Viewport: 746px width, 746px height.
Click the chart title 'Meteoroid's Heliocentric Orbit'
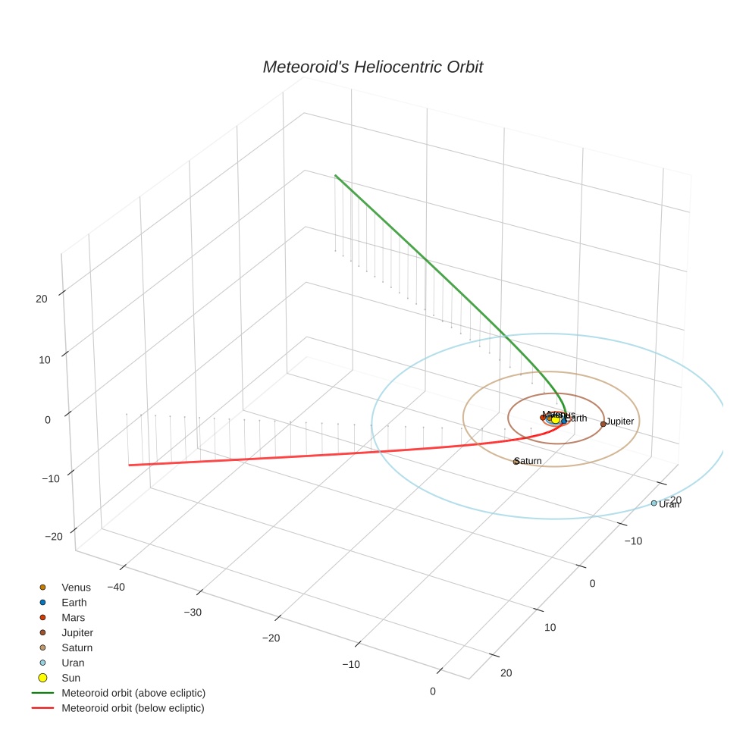pyautogui.click(x=372, y=67)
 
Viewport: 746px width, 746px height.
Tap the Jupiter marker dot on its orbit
pyautogui.click(x=603, y=424)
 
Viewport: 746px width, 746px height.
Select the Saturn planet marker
pyautogui.click(x=516, y=462)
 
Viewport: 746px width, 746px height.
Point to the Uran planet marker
pyautogui.click(x=654, y=503)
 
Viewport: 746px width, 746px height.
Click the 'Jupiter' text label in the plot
pyautogui.click(x=620, y=422)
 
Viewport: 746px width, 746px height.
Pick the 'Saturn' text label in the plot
pyautogui.click(x=528, y=461)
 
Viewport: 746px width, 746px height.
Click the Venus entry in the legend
pyautogui.click(x=76, y=588)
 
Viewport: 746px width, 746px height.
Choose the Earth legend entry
pyautogui.click(x=74, y=603)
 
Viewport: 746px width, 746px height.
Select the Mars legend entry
pyautogui.click(x=74, y=618)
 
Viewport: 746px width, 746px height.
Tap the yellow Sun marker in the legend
pyautogui.click(x=42, y=678)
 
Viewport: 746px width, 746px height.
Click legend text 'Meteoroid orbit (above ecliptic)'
pyautogui.click(x=133, y=693)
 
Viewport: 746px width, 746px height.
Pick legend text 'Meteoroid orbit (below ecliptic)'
pyautogui.click(x=133, y=708)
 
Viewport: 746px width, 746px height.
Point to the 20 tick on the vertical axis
pyautogui.click(x=41, y=299)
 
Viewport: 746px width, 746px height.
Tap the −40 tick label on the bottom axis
pyautogui.click(x=116, y=587)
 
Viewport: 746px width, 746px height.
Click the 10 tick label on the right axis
pyautogui.click(x=550, y=628)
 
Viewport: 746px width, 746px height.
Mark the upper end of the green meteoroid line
pyautogui.click(x=335, y=176)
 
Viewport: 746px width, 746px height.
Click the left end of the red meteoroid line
pyautogui.click(x=130, y=465)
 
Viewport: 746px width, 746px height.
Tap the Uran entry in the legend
pyautogui.click(x=73, y=663)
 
